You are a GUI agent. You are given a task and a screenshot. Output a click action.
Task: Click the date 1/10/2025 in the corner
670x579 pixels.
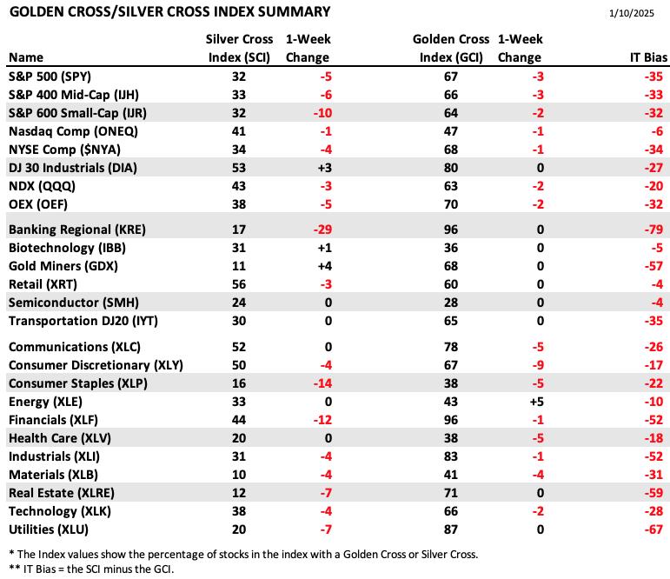[631, 13]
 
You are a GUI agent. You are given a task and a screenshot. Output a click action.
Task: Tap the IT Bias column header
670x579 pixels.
[648, 57]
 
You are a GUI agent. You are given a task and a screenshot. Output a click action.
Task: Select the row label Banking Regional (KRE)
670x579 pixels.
[77, 230]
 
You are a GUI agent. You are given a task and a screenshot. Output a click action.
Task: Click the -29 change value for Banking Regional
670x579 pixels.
[322, 230]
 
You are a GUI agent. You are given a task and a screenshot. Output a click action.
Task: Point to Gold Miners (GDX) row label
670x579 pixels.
[63, 266]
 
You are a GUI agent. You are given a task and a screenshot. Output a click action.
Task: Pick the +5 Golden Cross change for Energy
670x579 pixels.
[536, 402]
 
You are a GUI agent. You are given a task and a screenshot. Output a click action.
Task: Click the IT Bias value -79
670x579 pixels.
[653, 230]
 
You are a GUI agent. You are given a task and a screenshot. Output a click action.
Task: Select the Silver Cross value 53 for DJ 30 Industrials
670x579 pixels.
[239, 168]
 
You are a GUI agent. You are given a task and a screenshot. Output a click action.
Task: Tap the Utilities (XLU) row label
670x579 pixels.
[49, 529]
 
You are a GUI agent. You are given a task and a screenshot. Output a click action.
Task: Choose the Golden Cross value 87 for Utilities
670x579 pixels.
[451, 529]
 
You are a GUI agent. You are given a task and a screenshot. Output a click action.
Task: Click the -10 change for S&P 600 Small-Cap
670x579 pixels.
[322, 113]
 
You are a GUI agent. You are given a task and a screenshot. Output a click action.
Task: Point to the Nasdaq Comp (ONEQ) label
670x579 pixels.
[73, 131]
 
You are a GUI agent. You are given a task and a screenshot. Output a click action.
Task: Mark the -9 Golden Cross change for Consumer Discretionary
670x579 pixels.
[538, 365]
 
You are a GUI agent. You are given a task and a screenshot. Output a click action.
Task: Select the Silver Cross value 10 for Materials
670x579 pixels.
[239, 475]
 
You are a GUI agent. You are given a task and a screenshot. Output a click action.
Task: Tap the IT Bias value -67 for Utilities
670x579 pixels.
[653, 529]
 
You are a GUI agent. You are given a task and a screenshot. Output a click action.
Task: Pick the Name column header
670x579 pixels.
[26, 57]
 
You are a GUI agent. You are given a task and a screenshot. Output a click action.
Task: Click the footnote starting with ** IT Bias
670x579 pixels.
[91, 569]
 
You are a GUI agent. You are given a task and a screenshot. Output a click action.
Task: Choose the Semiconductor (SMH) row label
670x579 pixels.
[74, 303]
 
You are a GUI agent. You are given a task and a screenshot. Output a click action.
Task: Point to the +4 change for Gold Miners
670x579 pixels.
[324, 266]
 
